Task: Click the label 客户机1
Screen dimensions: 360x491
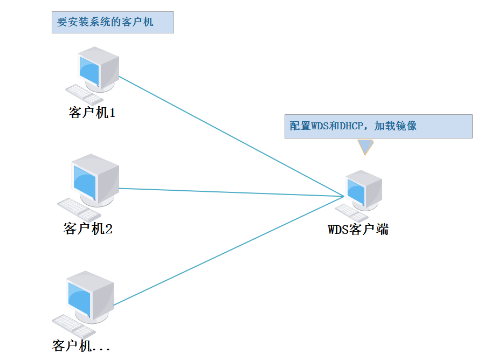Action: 92,113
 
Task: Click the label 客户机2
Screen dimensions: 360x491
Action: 88,229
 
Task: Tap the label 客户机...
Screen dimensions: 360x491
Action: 81,345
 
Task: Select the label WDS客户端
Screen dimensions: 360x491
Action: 358,230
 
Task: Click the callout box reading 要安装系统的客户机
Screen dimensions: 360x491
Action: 113,22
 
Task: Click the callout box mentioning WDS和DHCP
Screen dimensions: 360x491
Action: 378,126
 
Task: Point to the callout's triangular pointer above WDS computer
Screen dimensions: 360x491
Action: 365,146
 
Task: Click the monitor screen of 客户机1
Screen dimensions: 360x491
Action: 89,70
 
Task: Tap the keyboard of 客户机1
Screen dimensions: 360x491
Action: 84,95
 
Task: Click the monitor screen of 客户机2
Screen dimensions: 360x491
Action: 84,183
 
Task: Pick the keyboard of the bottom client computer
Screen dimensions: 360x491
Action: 73,326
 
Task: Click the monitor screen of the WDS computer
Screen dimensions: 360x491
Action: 356,191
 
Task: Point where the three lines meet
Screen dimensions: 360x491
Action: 343,195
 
